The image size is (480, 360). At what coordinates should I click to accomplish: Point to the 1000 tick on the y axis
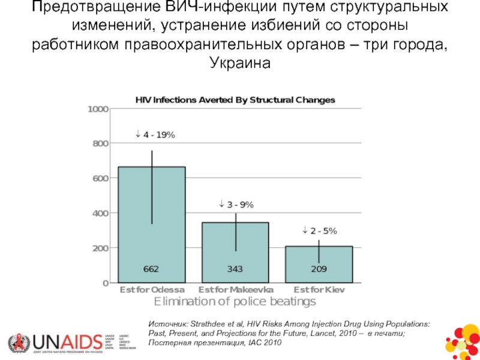[x=98, y=109]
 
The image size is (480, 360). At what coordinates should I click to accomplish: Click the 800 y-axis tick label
[x=100, y=144]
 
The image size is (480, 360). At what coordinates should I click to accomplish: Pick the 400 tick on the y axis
[x=100, y=213]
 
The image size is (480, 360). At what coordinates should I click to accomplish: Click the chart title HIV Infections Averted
[x=235, y=100]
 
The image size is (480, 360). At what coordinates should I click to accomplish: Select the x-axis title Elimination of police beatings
[x=235, y=301]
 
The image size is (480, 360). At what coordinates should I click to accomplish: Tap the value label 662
[x=151, y=269]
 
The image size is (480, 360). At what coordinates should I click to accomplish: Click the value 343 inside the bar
[x=235, y=269]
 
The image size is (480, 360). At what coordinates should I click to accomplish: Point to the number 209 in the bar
[x=319, y=269]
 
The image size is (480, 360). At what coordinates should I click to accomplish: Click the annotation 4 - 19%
[x=155, y=136]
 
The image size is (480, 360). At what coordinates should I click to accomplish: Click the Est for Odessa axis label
[x=151, y=289]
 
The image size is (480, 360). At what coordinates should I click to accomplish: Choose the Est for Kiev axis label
[x=319, y=289]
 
